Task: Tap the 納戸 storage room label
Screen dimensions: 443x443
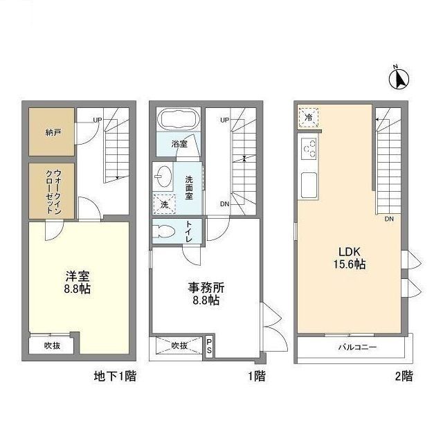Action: [52, 132]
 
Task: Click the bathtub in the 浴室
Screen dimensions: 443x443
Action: [179, 120]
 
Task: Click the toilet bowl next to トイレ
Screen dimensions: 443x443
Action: [165, 232]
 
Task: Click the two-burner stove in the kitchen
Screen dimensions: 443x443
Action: [309, 149]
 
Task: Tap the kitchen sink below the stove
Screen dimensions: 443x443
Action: [309, 184]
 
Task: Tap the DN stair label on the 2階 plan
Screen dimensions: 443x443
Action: [390, 219]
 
